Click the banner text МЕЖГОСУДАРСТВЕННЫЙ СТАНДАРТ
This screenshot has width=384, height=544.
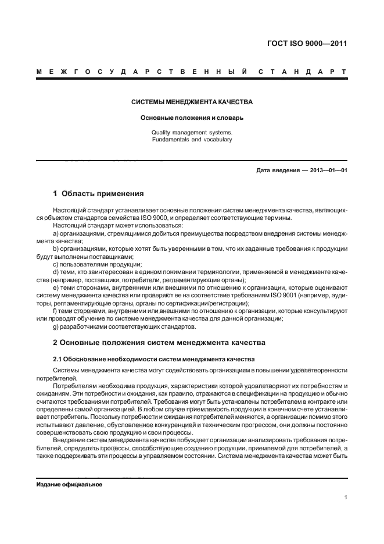coord(192,72)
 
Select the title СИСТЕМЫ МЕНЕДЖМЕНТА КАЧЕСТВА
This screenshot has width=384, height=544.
coord(192,102)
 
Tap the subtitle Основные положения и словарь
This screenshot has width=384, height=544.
coord(192,118)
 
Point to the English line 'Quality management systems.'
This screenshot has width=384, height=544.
coord(192,132)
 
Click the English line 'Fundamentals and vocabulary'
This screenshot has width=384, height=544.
coord(192,140)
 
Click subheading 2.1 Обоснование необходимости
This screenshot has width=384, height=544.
coord(154,358)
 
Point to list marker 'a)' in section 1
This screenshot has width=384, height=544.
coord(56,233)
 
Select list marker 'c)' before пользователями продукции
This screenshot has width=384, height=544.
coord(56,264)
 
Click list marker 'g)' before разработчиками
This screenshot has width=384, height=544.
coord(56,326)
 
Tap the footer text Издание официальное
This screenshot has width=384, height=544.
coord(69,485)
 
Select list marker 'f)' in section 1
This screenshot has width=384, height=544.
coord(55,311)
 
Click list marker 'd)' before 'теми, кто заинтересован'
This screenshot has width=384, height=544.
coord(56,272)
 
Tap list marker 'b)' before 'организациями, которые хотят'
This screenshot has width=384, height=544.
coord(56,248)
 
